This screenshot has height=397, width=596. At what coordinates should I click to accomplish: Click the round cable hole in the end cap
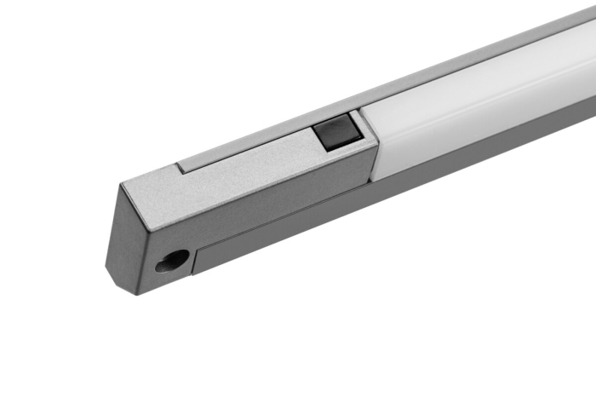point(170,261)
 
